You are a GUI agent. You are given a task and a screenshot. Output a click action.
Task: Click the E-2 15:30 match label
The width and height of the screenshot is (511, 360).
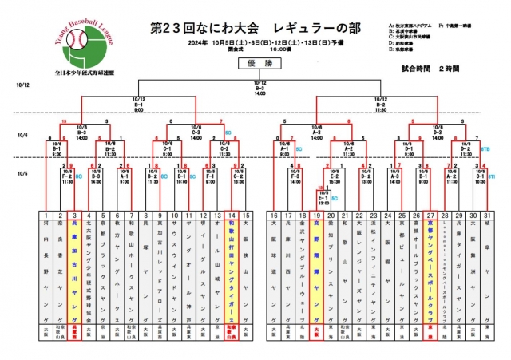tap(335, 181)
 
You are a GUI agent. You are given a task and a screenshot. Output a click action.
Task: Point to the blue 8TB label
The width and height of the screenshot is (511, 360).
tap(486, 148)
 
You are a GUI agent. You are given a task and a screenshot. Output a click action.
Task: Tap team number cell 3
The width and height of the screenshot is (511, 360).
tap(74, 216)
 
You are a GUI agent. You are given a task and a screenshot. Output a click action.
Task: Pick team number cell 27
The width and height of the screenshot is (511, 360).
tap(429, 216)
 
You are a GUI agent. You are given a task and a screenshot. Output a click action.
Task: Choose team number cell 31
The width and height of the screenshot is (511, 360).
tap(486, 216)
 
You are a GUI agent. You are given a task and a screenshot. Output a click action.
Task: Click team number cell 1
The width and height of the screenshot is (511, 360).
tap(46, 216)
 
